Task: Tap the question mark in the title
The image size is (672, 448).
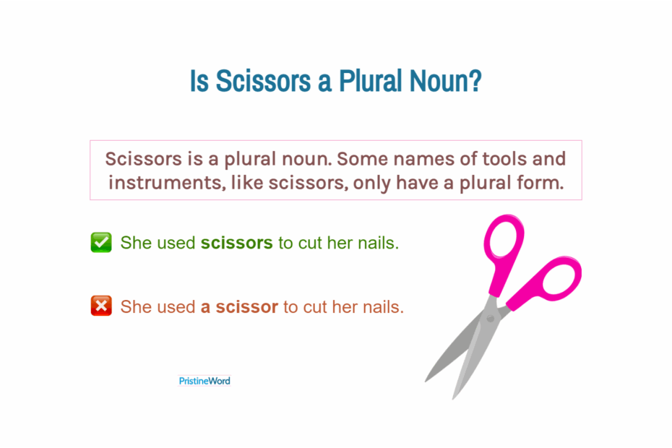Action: (x=475, y=82)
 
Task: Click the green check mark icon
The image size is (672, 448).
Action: (x=101, y=243)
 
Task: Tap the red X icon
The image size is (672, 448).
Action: (x=101, y=306)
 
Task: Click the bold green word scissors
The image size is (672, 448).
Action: (x=236, y=243)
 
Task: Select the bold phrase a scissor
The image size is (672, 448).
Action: (x=239, y=306)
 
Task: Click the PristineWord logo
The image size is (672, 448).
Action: (x=204, y=381)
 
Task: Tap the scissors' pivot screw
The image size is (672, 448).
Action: (x=491, y=316)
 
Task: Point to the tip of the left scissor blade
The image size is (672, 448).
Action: (x=427, y=380)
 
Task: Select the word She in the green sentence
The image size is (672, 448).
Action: (x=136, y=243)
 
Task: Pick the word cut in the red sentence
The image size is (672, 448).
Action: (x=316, y=306)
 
